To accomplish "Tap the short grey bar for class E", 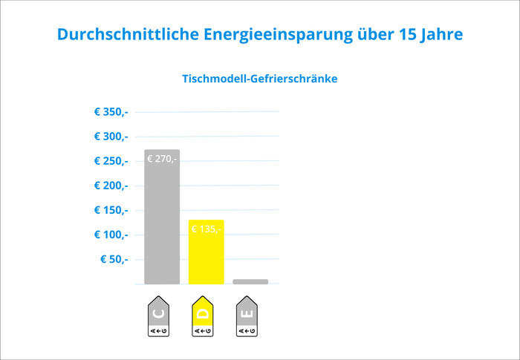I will [250, 282].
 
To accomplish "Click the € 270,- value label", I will [162, 159].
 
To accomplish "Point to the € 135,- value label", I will [205, 229].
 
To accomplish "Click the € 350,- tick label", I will [111, 112].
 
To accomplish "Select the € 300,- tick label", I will [111, 137].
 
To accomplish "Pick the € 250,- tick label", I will [111, 161].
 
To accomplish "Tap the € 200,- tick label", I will [111, 186].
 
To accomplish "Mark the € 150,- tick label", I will [111, 210].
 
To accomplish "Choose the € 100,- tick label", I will [111, 235].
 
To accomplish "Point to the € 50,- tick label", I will [114, 259].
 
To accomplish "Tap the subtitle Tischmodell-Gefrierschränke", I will [260, 78].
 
